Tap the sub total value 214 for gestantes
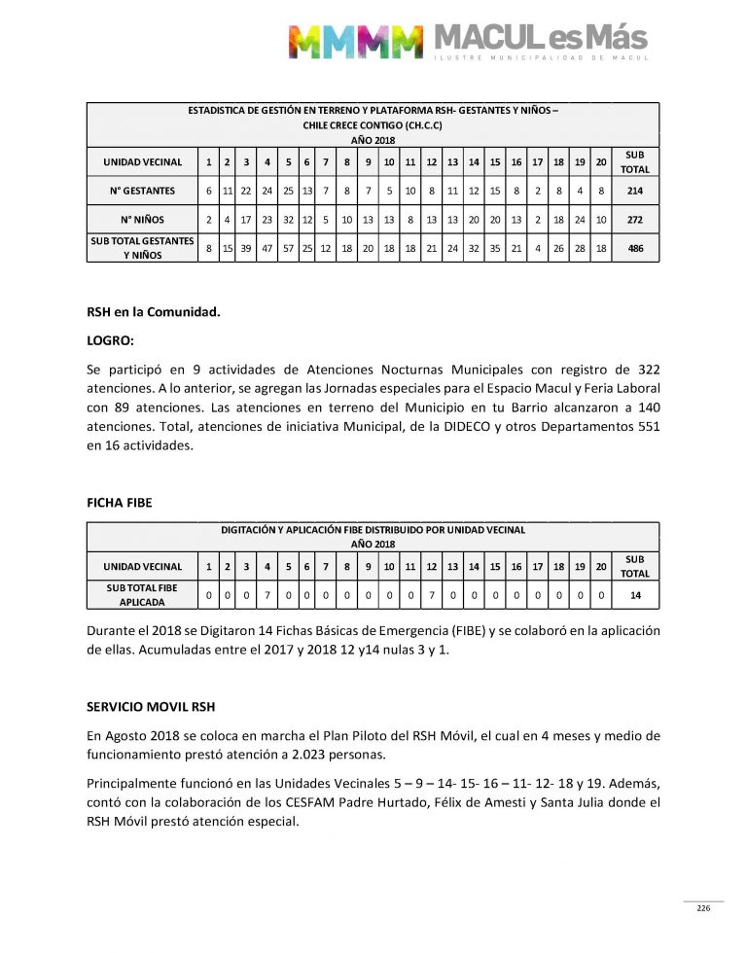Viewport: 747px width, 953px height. pos(634,191)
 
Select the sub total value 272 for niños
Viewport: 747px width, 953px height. pos(634,220)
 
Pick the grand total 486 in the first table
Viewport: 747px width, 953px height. pos(634,249)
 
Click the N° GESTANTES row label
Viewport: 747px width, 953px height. pos(142,191)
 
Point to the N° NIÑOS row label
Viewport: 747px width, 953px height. pos(142,220)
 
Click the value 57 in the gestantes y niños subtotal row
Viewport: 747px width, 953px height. pos(288,249)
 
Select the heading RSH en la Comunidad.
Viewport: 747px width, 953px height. pos(154,312)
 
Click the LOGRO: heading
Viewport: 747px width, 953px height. pos(110,341)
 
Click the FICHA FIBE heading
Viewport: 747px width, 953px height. pos(120,503)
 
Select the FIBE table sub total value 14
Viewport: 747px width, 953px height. pos(634,594)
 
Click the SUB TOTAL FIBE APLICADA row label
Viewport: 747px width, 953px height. pos(142,594)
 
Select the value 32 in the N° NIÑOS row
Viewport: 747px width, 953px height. pos(288,220)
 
